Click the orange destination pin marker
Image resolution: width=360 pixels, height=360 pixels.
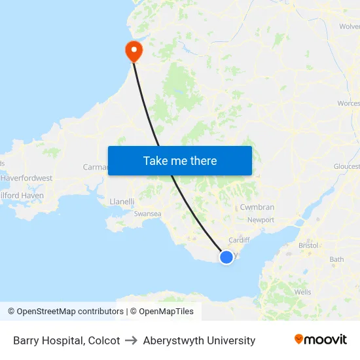134,50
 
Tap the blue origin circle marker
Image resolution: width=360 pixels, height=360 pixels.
226,257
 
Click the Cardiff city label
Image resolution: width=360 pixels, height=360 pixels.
240,240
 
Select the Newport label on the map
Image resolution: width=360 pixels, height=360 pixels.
261,220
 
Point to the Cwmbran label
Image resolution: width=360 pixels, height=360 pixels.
257,207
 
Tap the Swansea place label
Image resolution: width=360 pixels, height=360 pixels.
147,213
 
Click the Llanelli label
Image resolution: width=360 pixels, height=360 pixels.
122,202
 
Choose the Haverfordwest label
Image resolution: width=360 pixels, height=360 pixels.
27,178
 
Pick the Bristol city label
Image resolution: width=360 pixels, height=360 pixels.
308,245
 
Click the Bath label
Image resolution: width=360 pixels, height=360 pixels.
336,259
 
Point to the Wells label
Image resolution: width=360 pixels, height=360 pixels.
303,292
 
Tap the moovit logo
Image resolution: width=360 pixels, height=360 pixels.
321,340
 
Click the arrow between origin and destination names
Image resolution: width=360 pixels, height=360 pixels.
132,340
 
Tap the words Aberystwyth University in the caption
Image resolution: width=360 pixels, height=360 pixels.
199,340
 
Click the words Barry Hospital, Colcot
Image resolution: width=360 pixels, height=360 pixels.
67,340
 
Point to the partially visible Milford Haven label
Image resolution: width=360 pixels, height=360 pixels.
22,195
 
